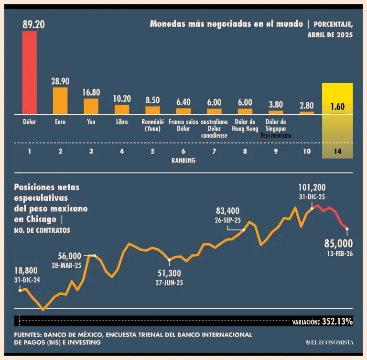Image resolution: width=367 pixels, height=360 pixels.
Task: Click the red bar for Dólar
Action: click(x=30, y=73)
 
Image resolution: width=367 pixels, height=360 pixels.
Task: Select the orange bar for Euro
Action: click(x=60, y=100)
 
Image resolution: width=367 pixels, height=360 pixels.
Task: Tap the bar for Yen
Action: click(x=91, y=106)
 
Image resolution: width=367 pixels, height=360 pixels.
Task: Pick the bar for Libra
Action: click(x=122, y=109)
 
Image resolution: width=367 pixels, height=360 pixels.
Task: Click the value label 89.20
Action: click(x=33, y=24)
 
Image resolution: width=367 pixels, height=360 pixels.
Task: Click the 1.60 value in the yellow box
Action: click(x=337, y=107)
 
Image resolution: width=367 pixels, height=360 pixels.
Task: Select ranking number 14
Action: click(x=337, y=152)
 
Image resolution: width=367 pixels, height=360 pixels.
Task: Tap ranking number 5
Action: click(x=152, y=152)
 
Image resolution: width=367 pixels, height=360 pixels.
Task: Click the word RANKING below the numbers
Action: click(x=183, y=161)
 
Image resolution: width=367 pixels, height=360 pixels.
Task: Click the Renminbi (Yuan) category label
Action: click(x=152, y=125)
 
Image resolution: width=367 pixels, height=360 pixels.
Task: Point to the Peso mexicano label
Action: click(x=276, y=135)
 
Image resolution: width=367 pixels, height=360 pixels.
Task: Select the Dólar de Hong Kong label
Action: click(x=245, y=125)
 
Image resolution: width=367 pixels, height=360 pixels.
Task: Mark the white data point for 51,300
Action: click(x=170, y=260)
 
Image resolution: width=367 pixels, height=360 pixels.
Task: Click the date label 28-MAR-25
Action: click(x=67, y=265)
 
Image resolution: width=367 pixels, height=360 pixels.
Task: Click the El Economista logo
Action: click(x=330, y=342)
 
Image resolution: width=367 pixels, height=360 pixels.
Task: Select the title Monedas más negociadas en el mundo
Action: click(x=226, y=24)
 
